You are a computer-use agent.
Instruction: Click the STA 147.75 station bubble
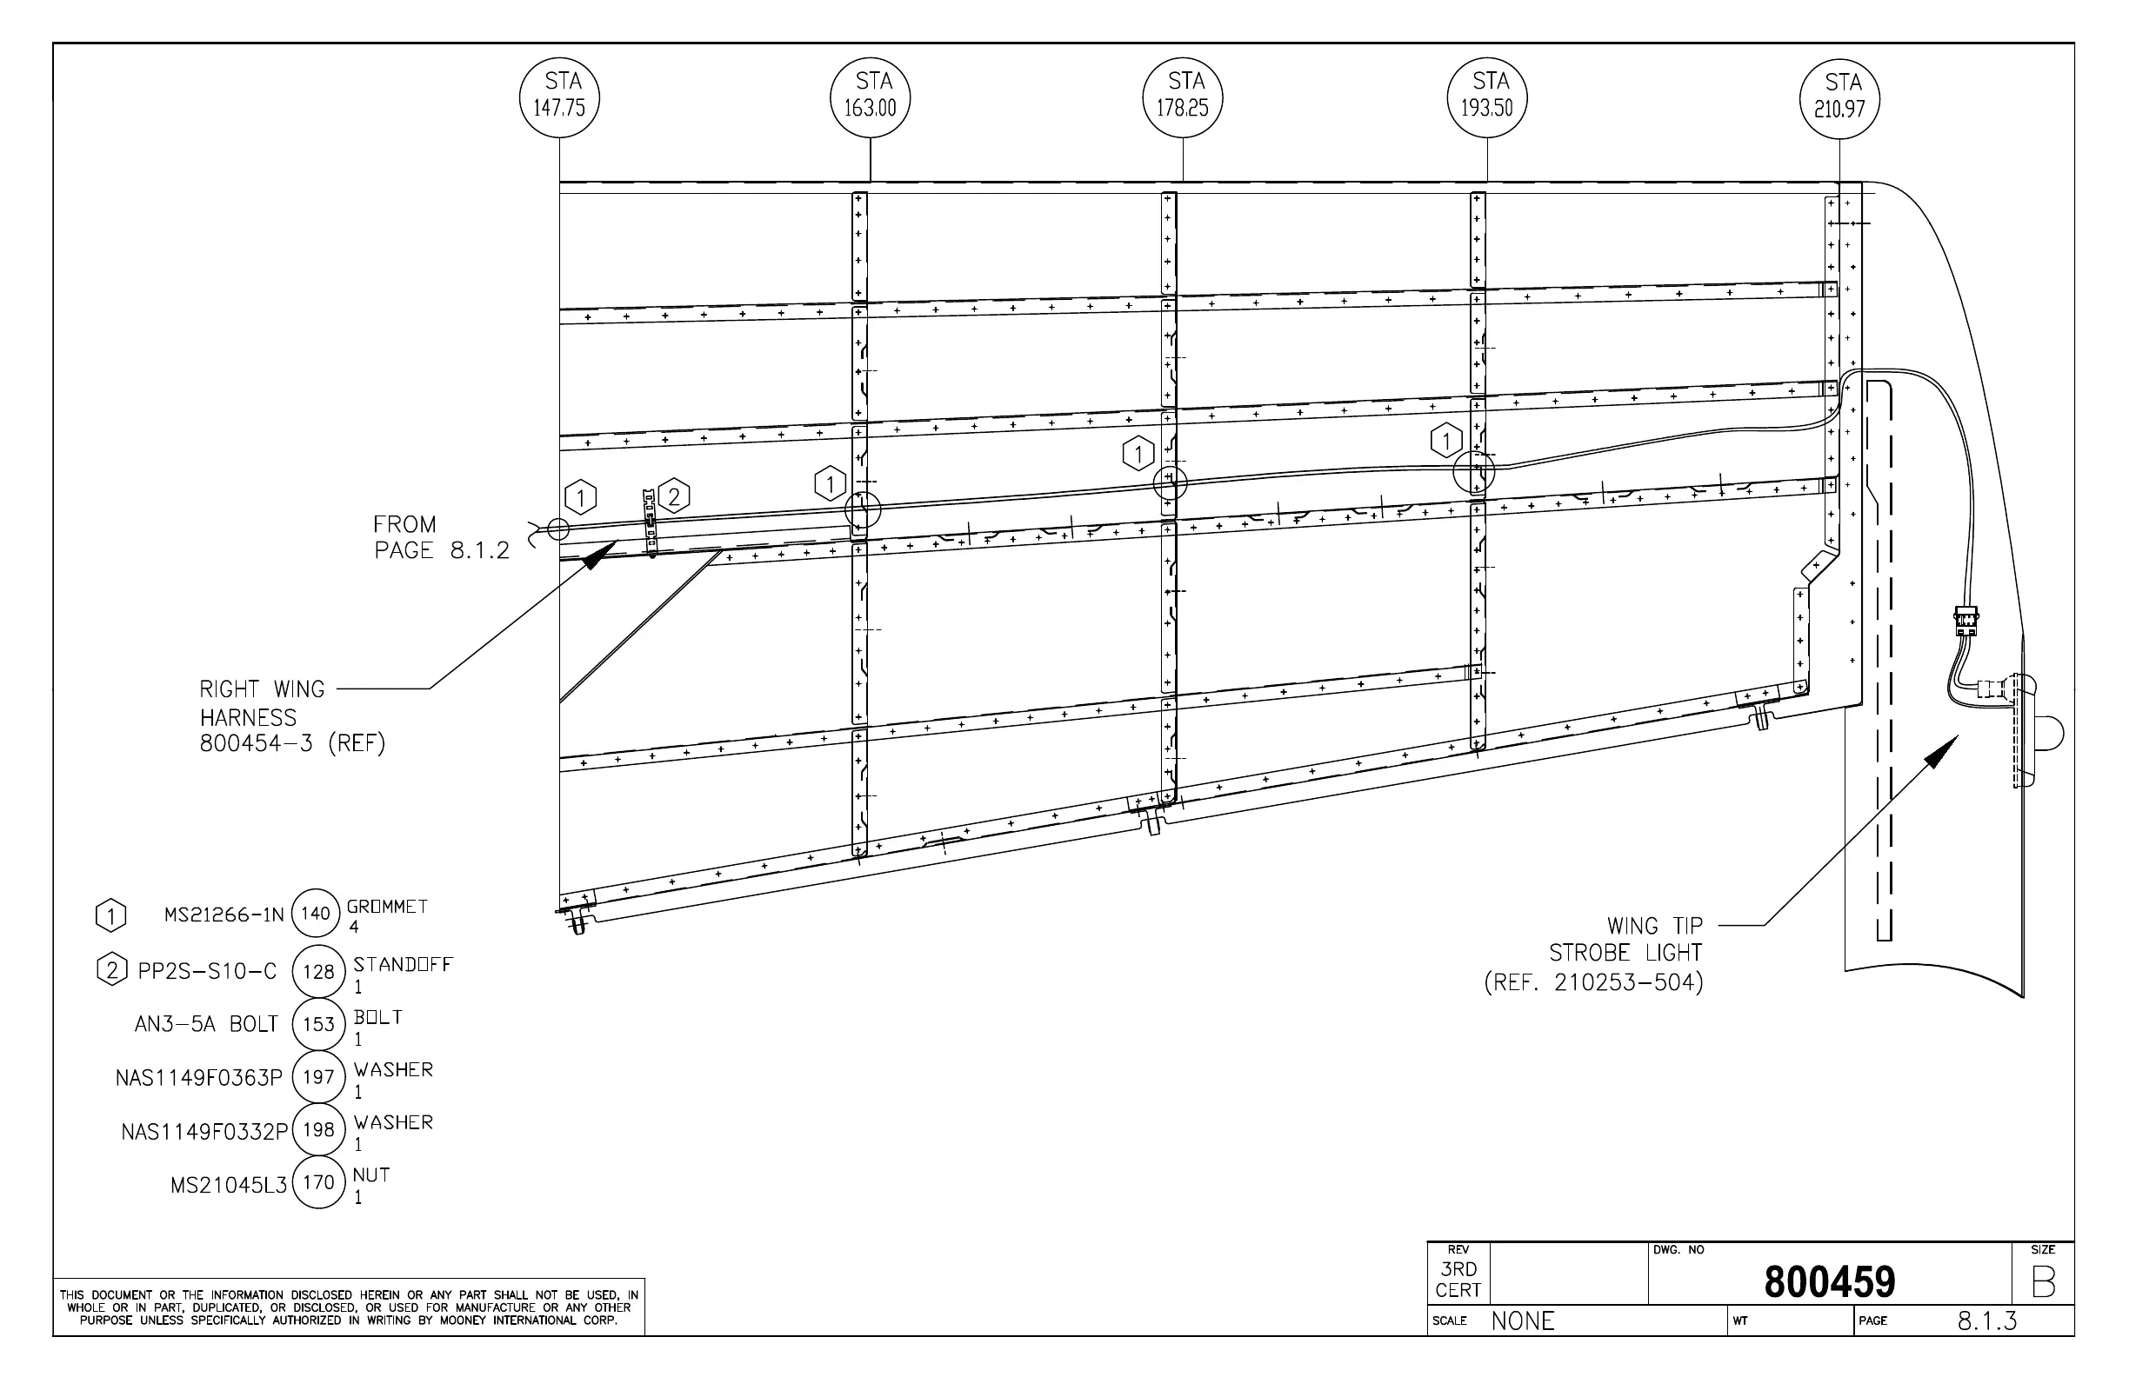tap(560, 97)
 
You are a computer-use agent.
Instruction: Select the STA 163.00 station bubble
tap(871, 97)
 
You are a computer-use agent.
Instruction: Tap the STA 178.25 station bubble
tap(1183, 97)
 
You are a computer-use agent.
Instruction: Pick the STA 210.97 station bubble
tap(1839, 98)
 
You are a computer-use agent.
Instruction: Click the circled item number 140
tap(316, 913)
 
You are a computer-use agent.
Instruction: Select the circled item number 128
tap(318, 971)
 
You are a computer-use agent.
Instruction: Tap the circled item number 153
tap(318, 1024)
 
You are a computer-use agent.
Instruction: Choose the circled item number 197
tap(318, 1076)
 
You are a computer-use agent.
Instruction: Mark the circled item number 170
tap(318, 1182)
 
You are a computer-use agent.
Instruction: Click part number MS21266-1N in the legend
tap(224, 915)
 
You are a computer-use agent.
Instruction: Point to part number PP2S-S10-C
tap(208, 971)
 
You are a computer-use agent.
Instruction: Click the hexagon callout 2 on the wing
tap(674, 496)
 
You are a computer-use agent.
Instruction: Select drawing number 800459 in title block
tap(1829, 1282)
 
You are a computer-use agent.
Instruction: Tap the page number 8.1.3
tap(1986, 1320)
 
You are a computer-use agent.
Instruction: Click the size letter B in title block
tap(2043, 1282)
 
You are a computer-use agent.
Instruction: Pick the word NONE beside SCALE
tap(1523, 1320)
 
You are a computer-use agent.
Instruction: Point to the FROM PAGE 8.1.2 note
tap(440, 537)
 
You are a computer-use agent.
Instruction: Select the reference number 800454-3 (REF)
tap(291, 744)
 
